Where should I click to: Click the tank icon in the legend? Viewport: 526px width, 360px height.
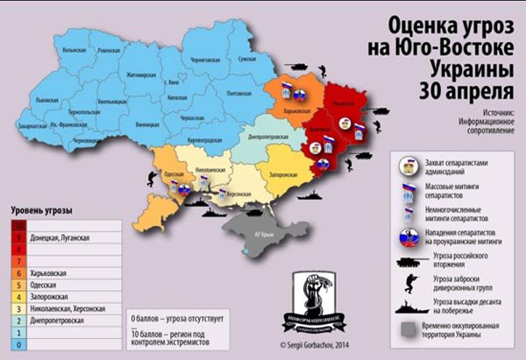pos(409,260)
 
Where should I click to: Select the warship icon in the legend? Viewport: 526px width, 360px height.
pos(409,303)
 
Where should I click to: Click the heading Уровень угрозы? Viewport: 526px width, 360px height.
pos(42,211)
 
